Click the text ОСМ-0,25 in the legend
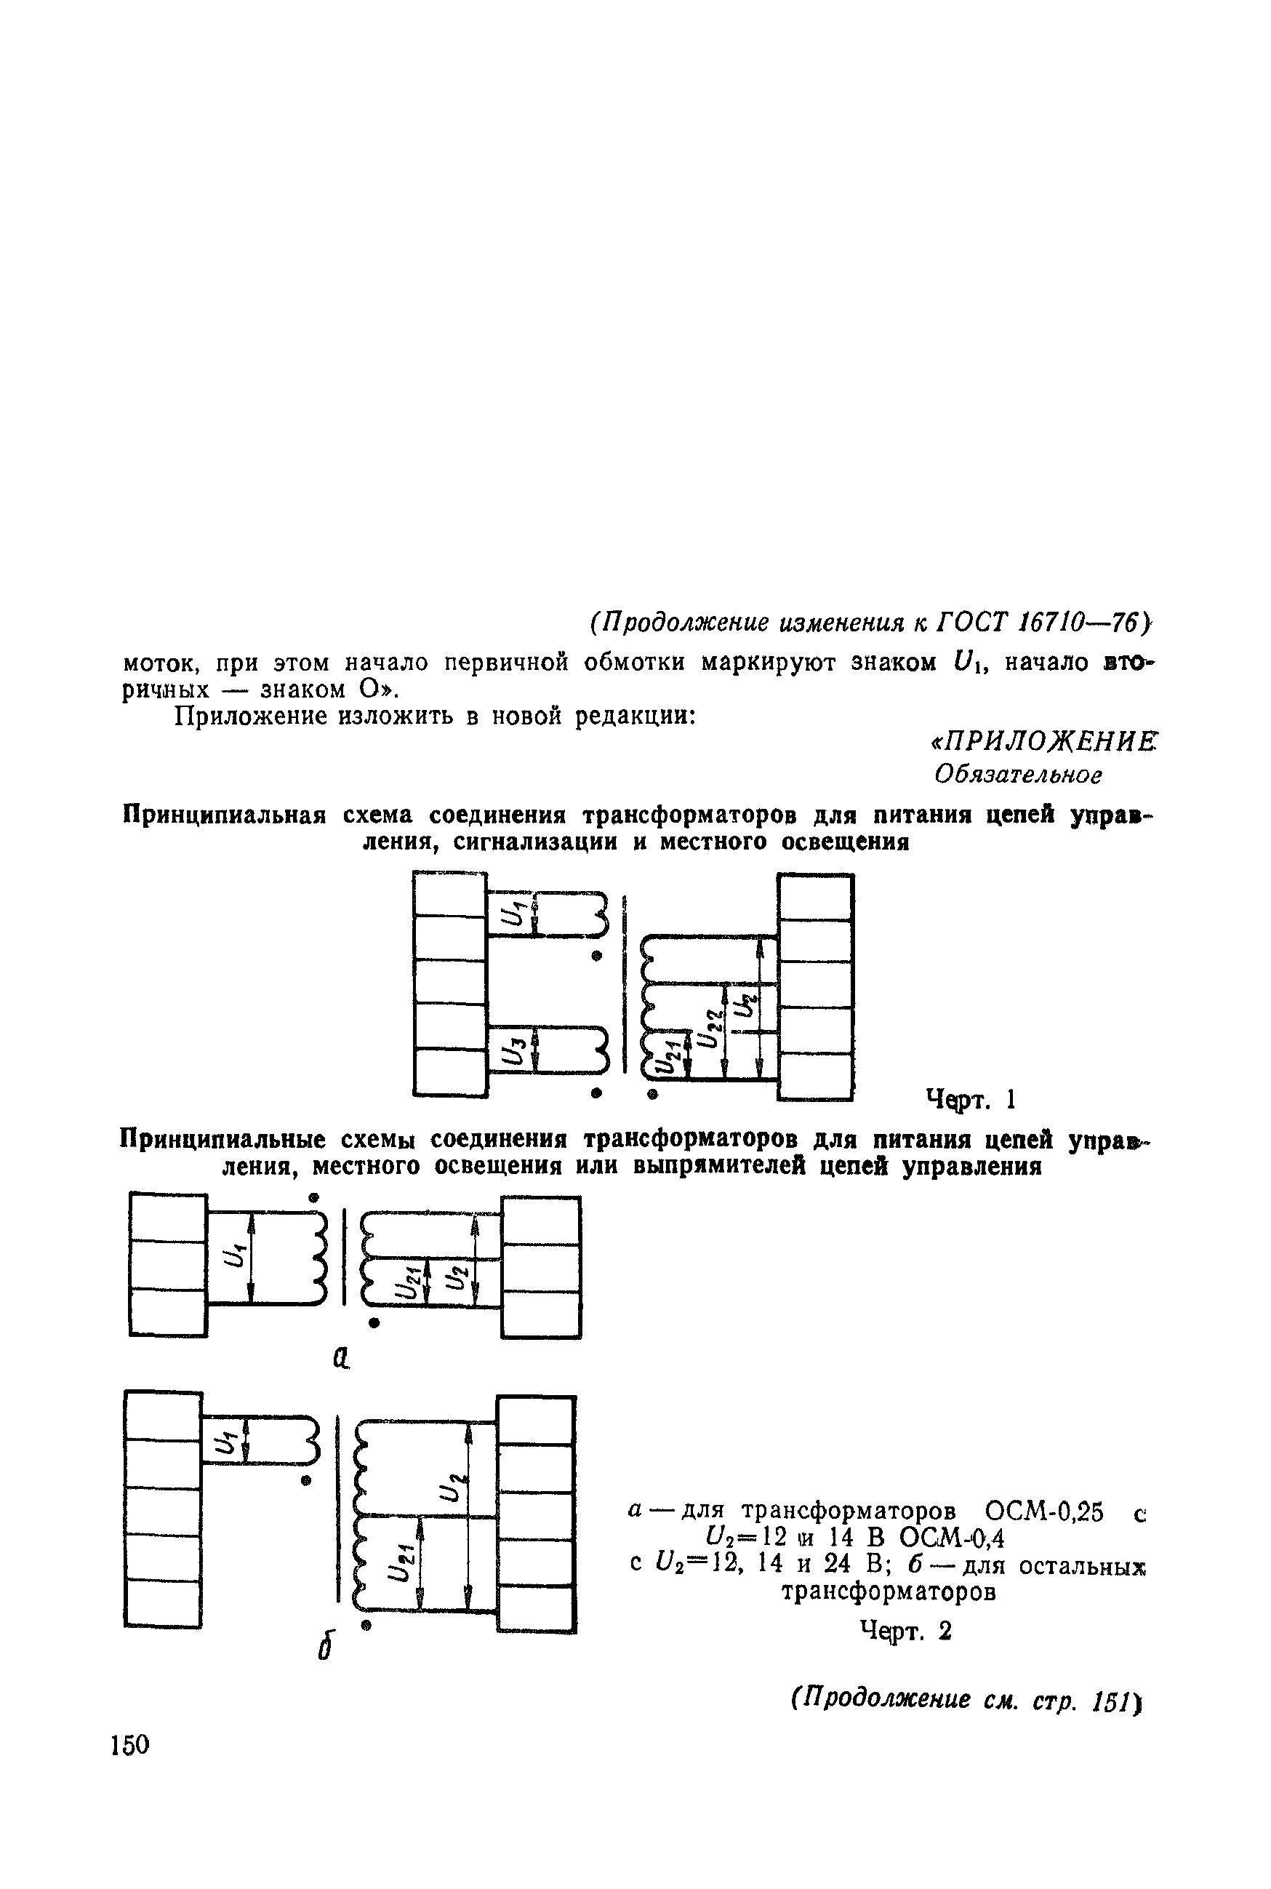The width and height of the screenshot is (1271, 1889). [x=1043, y=1512]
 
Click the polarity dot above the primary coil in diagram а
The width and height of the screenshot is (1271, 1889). [x=313, y=1197]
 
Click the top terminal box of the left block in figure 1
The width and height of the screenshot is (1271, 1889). [x=449, y=894]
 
